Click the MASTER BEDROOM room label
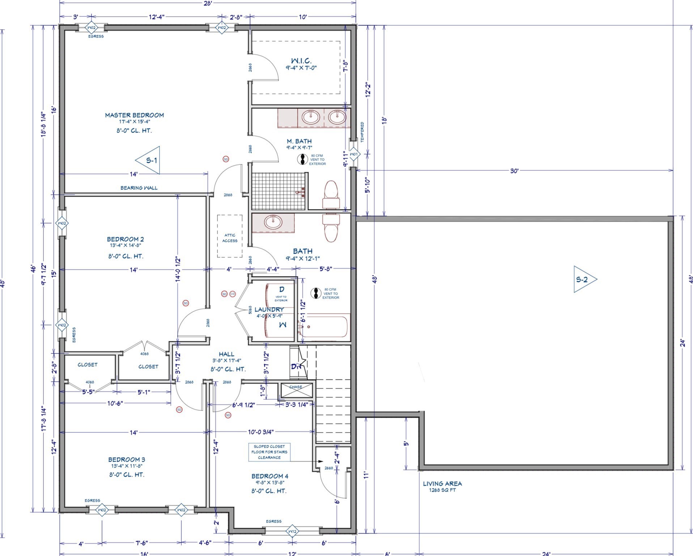134,115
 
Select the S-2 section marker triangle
583,279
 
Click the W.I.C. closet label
301,61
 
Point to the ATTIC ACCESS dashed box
230,236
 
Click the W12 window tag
292,531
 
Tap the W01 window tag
354,154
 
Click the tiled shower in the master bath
276,191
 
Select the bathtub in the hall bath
325,326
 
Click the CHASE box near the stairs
296,390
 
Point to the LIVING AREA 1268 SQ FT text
442,486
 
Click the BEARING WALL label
139,188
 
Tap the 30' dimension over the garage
514,171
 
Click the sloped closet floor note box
269,452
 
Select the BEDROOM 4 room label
270,476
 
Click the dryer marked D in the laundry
280,293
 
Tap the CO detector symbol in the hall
232,294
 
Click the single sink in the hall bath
273,222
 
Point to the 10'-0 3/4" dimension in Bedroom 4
260,432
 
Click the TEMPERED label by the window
362,132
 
